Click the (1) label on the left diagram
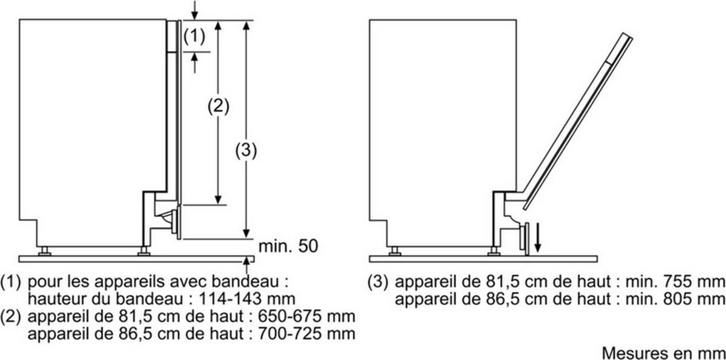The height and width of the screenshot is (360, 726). (x=194, y=36)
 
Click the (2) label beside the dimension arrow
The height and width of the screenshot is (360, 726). (x=218, y=107)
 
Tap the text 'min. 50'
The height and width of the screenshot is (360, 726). (x=288, y=246)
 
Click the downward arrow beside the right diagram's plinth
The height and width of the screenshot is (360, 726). (x=538, y=237)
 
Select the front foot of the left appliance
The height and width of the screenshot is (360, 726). (x=143, y=251)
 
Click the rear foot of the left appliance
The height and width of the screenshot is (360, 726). (x=44, y=251)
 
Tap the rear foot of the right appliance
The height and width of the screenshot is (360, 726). (x=395, y=251)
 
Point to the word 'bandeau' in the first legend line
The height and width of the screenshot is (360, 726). (x=253, y=280)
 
